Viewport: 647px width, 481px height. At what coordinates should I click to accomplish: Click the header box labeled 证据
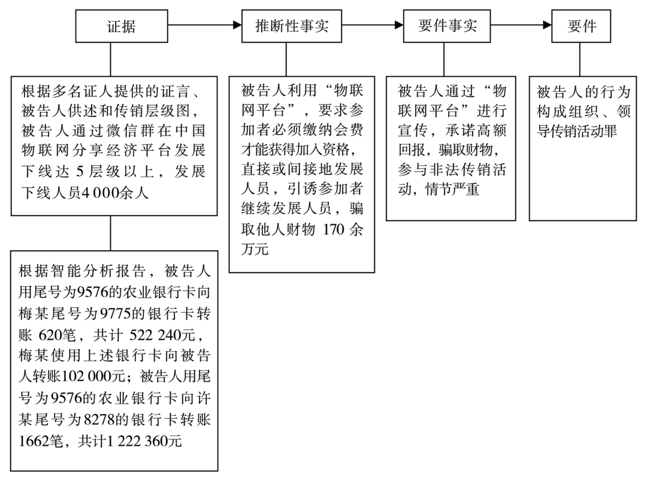pos(121,26)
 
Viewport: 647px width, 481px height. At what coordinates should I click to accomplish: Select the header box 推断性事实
pos(292,26)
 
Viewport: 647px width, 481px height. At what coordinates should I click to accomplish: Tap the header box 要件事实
pos(446,26)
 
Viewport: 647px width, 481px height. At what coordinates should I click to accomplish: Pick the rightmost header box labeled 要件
pos(582,26)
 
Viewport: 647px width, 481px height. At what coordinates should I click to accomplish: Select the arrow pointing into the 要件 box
pos(521,26)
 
